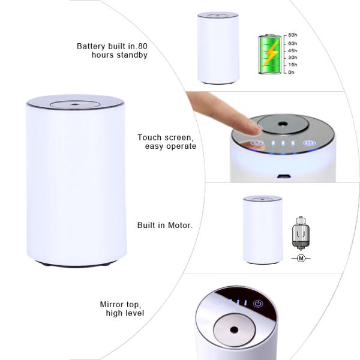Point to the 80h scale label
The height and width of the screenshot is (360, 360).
[293, 35]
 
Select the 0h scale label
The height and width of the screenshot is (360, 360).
[292, 73]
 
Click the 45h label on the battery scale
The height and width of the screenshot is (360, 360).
[293, 50]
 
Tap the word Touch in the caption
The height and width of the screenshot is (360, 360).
[150, 137]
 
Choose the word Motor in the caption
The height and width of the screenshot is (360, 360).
[178, 226]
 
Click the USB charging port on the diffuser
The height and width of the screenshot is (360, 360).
[282, 177]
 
